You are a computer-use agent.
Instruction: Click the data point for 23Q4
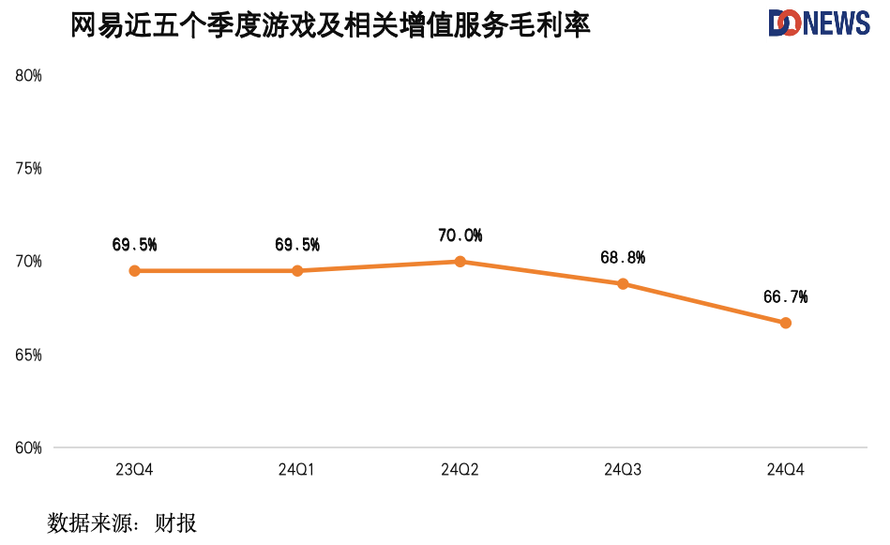click(x=135, y=271)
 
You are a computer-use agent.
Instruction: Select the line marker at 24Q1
click(x=297, y=271)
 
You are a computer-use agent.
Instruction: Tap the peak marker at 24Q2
click(x=460, y=262)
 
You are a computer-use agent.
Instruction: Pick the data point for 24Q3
click(x=623, y=283)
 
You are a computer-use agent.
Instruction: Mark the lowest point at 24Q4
click(x=786, y=323)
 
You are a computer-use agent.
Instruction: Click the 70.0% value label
click(x=460, y=235)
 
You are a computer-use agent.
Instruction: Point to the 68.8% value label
click(x=623, y=257)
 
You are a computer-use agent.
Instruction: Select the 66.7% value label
click(x=785, y=297)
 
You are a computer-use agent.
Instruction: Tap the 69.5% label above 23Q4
click(x=134, y=245)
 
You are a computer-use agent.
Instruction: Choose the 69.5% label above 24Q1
click(x=297, y=245)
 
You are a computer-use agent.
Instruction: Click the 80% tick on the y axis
click(x=29, y=76)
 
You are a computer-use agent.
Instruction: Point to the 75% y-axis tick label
click(x=29, y=169)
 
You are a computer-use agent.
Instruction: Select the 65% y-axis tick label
click(x=29, y=356)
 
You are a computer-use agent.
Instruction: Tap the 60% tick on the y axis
click(x=29, y=448)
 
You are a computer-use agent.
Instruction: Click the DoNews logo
click(x=819, y=23)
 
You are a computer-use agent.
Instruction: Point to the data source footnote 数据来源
click(x=122, y=522)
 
